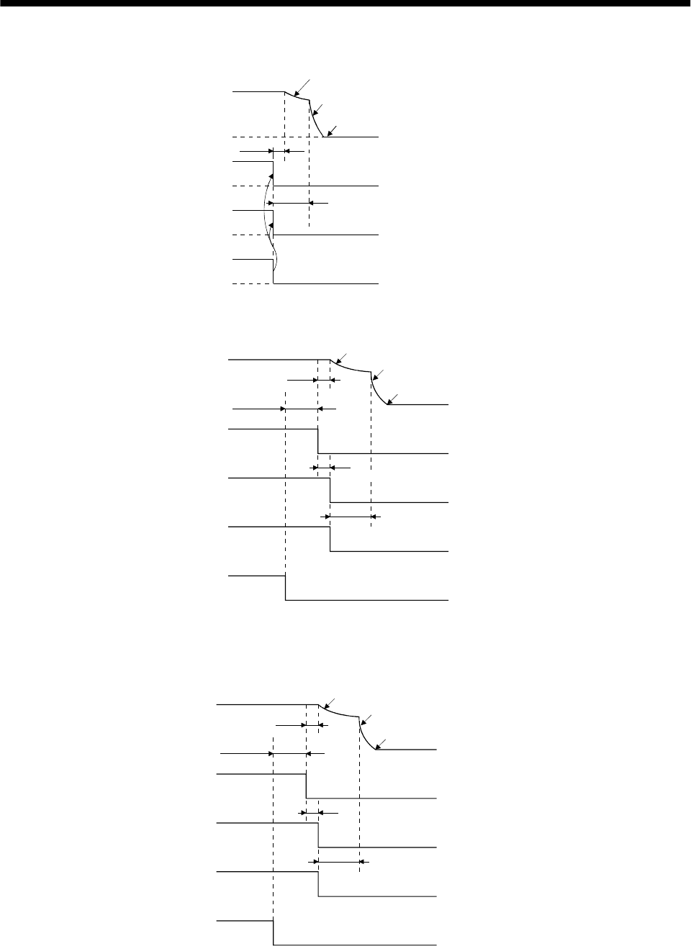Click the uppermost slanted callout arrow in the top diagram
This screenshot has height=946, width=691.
pyautogui.click(x=298, y=84)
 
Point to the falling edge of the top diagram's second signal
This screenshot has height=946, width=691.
pyautogui.click(x=274, y=174)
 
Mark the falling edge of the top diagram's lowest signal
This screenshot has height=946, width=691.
pyautogui.click(x=274, y=271)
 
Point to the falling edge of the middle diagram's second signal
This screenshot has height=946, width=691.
pyautogui.click(x=318, y=441)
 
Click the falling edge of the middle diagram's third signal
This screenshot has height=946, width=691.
pyautogui.click(x=330, y=490)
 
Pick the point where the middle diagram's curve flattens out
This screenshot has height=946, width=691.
pyautogui.click(x=389, y=405)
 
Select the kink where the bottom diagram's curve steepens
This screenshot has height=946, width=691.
pyautogui.click(x=359, y=719)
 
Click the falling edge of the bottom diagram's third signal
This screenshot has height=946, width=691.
pyautogui.click(x=319, y=835)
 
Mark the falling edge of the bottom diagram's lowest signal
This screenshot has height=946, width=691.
pyautogui.click(x=274, y=932)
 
